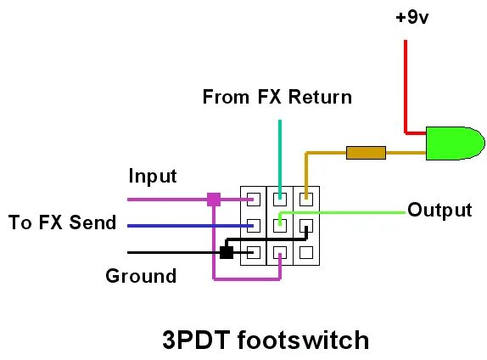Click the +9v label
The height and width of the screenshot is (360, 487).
click(412, 18)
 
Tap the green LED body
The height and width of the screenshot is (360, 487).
click(454, 143)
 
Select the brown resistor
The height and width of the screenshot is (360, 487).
click(366, 153)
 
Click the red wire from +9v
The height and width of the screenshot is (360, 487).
click(405, 85)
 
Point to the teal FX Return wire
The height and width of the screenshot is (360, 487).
click(279, 153)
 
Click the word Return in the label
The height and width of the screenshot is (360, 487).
click(319, 97)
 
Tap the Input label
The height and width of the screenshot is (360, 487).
click(153, 177)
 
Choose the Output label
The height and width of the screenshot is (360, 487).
click(439, 210)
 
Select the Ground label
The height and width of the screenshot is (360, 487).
click(141, 276)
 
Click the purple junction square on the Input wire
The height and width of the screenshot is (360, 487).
click(214, 200)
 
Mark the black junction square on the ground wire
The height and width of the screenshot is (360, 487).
click(227, 252)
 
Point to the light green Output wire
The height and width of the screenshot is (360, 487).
click(356, 211)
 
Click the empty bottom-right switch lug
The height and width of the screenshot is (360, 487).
click(305, 252)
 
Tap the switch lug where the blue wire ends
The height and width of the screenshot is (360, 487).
click(253, 226)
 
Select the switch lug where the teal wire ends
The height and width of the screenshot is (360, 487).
click(279, 200)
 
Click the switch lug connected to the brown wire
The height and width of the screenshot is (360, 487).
click(305, 200)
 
